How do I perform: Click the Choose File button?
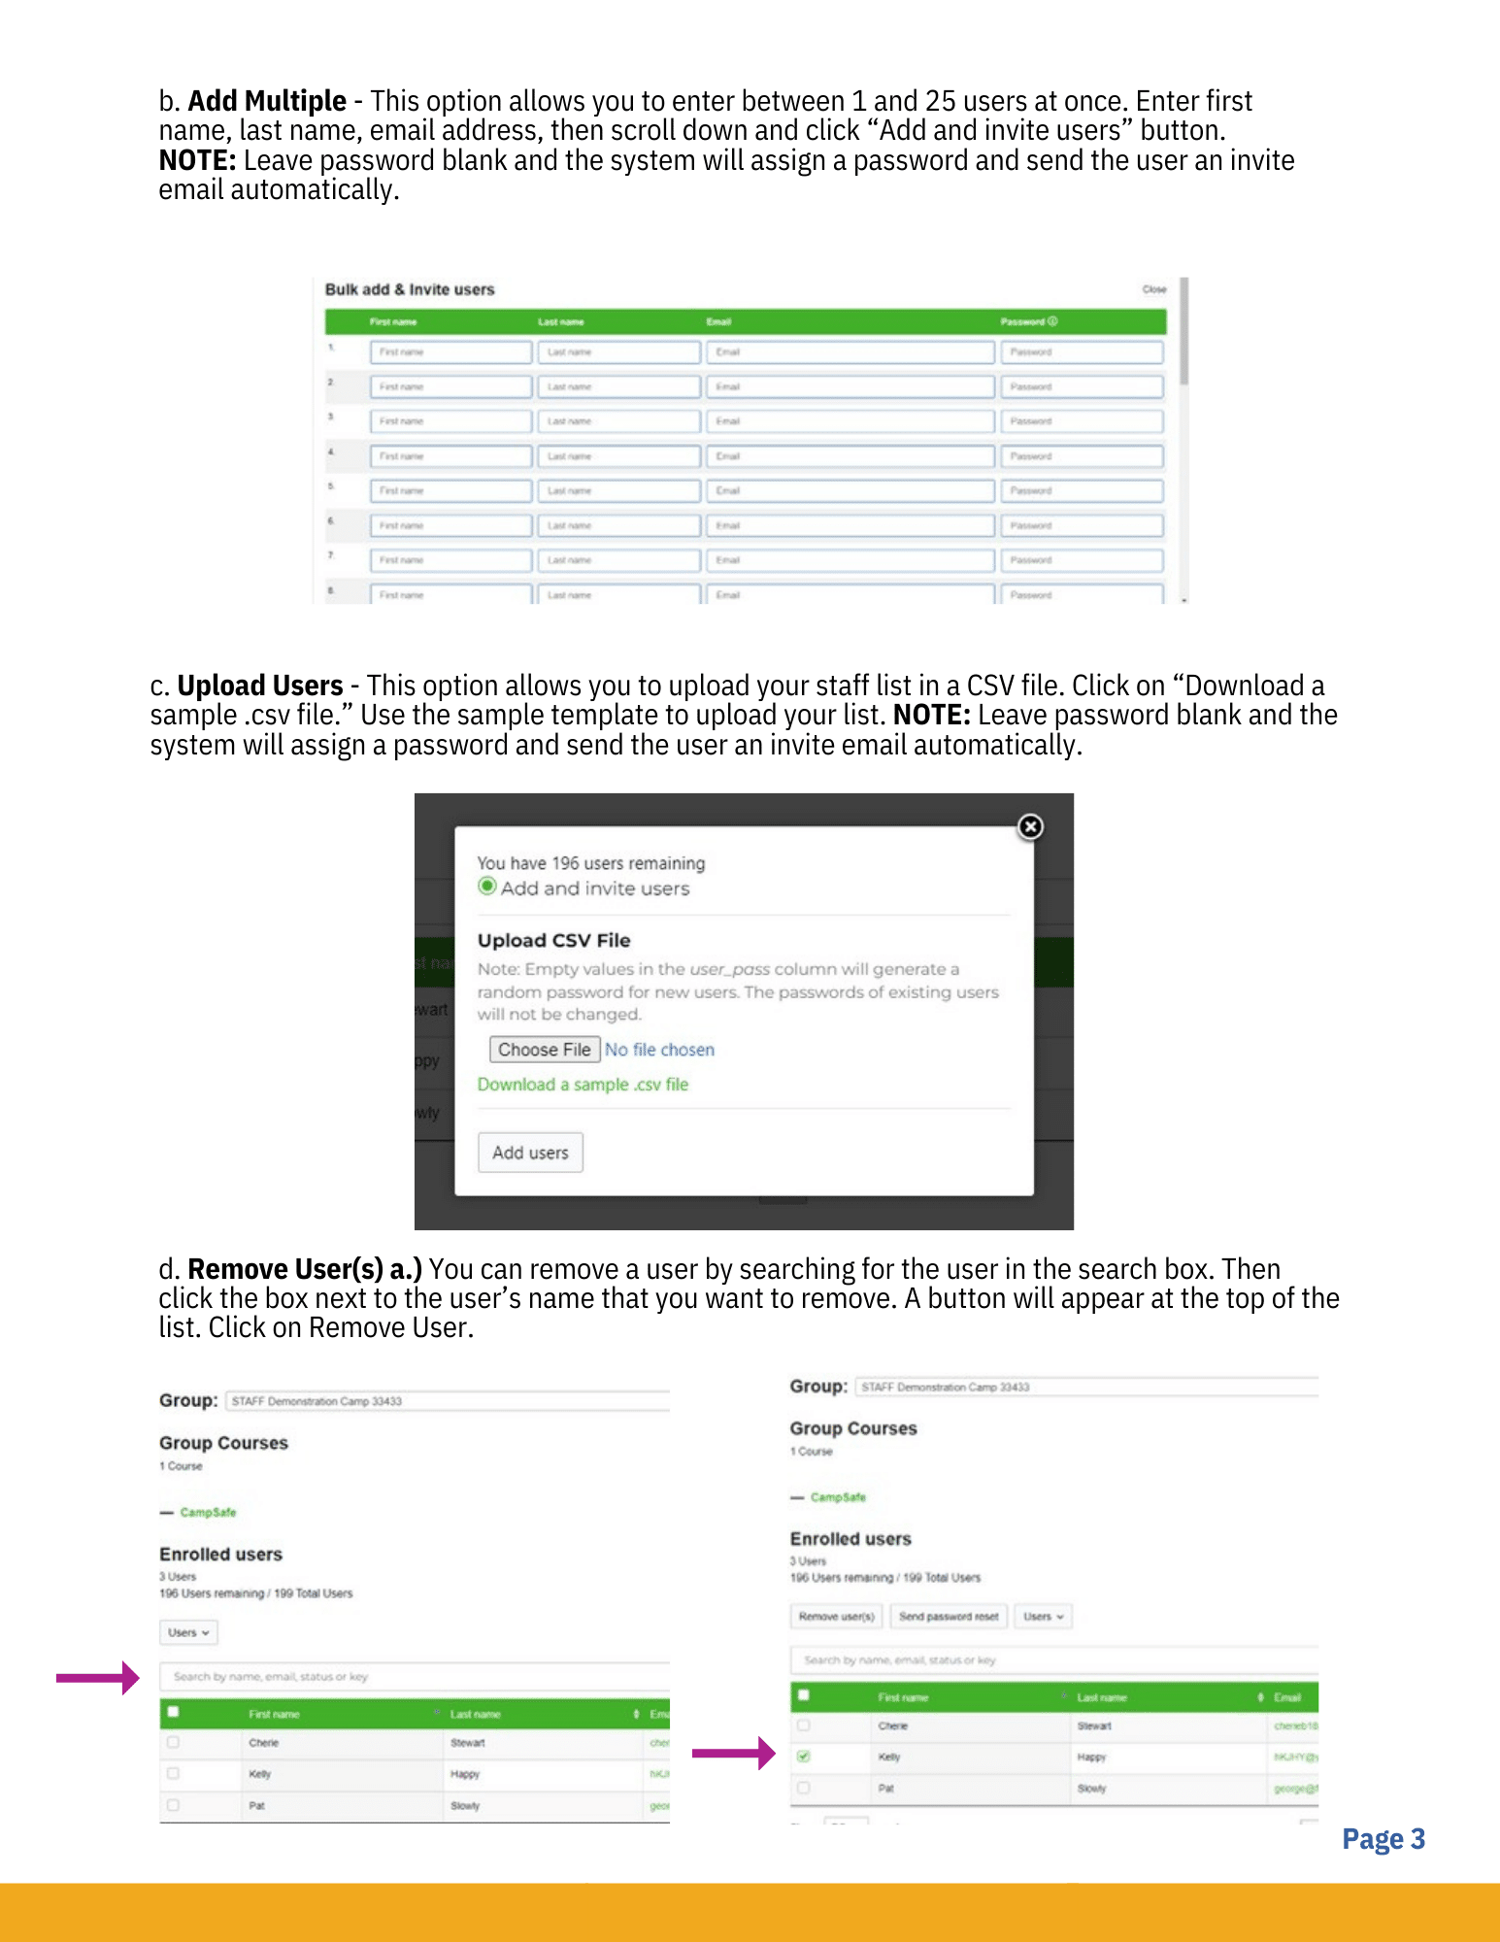544,1050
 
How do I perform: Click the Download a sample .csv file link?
583,1085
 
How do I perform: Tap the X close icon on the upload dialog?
1030,826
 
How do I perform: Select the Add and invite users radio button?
487,887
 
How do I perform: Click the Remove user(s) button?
836,1617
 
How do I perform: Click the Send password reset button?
948,1617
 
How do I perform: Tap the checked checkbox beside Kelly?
804,1757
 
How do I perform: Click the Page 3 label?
1383,1839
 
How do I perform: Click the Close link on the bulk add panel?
1153,289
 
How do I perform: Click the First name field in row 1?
450,352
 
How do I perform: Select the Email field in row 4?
850,456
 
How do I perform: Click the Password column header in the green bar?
1028,321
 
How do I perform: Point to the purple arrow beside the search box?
97,1677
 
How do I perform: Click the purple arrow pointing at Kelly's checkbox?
733,1753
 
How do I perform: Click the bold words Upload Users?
260,686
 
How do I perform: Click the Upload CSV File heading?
553,940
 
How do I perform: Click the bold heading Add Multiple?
267,101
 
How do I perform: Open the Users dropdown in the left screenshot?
188,1633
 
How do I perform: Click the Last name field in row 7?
618,560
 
